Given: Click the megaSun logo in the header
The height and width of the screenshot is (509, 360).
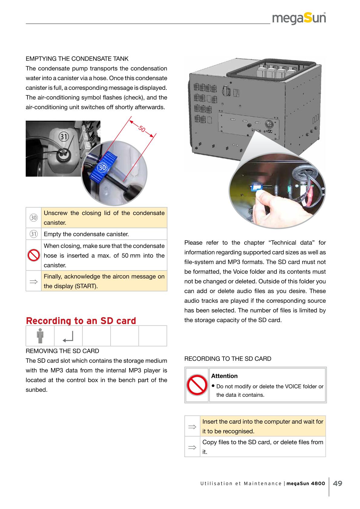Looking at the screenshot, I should [x=299, y=19].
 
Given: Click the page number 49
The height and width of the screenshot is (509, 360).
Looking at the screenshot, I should [x=338, y=483].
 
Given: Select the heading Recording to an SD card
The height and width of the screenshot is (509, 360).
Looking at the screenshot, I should [x=81, y=321].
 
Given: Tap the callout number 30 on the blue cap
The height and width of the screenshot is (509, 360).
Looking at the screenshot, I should [x=102, y=167].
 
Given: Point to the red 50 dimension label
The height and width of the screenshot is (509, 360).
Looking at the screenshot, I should [x=142, y=129].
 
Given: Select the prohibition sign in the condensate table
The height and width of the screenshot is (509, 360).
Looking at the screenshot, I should [x=33, y=256].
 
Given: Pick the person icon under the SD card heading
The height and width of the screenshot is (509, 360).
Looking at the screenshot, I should [x=40, y=336].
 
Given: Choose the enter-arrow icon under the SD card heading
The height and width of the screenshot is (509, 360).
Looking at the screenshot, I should [x=68, y=337].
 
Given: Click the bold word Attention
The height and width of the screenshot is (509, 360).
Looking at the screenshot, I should [x=224, y=376].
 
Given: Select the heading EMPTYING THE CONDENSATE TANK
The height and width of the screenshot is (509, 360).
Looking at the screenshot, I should [x=77, y=59].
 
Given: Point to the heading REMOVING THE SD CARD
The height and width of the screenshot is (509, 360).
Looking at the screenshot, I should [x=62, y=351].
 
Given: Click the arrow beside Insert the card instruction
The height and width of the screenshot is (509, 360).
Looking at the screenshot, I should [x=192, y=426].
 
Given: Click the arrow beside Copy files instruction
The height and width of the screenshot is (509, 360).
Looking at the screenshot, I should [x=192, y=447].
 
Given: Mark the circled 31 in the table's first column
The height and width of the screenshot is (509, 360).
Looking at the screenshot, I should [x=33, y=234].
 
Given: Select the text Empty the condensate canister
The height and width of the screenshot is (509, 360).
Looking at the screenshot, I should [x=86, y=234].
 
